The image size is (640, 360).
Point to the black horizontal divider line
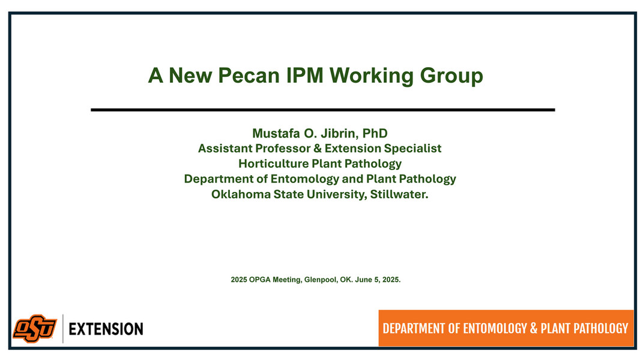pos(322,110)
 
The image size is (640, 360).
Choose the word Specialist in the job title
pos(412,148)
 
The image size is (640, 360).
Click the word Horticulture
pos(273,164)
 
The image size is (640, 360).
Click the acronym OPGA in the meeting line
pos(261,280)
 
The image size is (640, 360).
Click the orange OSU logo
pos(35,329)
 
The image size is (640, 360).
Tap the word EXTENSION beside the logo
pos(106,329)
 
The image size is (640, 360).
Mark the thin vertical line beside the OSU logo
pos(63,329)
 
